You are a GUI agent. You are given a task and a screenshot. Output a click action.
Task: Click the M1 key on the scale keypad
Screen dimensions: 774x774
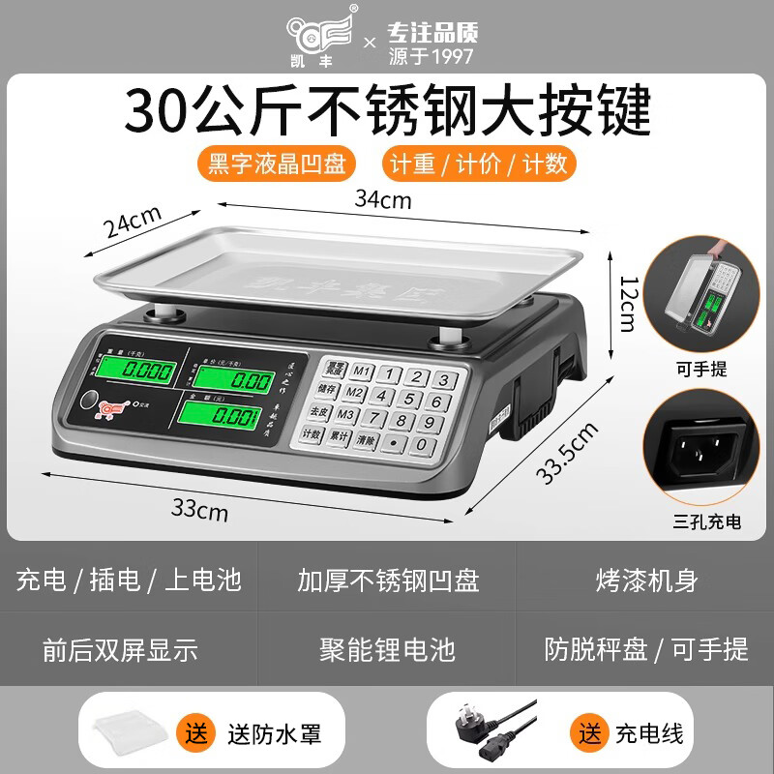362,371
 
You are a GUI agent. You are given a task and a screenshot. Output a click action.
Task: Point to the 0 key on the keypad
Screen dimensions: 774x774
422,443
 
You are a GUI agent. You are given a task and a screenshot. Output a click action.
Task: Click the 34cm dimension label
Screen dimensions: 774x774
383,200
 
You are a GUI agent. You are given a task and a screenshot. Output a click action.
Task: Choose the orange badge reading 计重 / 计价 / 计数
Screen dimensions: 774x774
478,161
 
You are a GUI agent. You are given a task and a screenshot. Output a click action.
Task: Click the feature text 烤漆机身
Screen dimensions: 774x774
646,580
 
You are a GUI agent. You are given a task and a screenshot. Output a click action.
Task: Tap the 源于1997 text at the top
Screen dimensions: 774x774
432,55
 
